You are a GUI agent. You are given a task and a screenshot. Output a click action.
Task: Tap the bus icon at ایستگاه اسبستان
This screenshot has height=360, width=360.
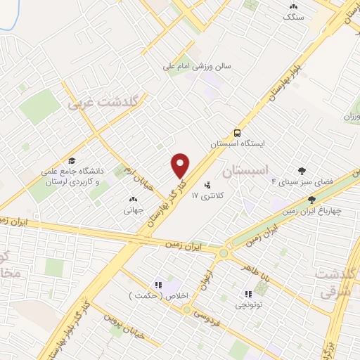[x=237, y=132]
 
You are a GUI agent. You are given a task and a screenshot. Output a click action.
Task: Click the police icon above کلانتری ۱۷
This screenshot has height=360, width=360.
[x=207, y=186]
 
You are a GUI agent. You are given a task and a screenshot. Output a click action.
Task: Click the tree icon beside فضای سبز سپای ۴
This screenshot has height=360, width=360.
[x=302, y=170]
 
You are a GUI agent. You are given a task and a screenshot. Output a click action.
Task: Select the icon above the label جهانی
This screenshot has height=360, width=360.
[x=134, y=200]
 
